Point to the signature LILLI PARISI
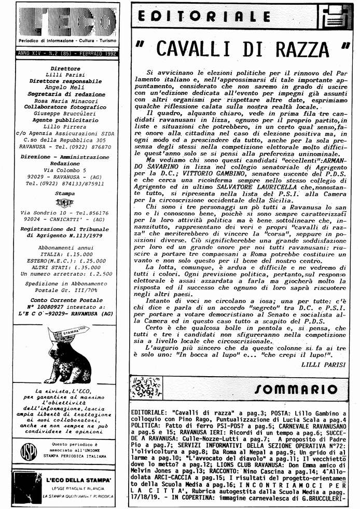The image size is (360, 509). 323,364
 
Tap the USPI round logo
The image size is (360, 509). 29,452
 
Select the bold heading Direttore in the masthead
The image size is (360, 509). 65,68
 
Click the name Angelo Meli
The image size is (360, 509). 65,88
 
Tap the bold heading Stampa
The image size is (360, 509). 65,193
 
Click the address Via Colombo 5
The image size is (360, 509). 65,169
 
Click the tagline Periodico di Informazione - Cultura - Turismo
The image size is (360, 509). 66,40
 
